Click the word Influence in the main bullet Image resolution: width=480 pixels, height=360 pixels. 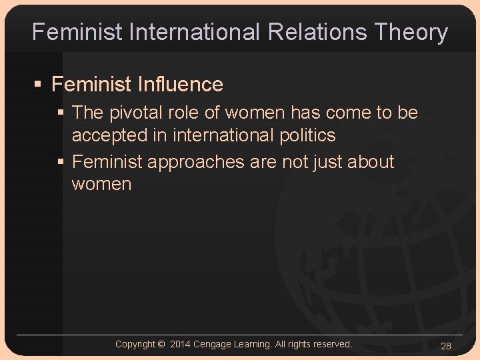pos(180,85)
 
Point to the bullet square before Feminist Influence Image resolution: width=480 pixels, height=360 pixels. pos(39,85)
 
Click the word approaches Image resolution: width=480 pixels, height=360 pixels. pos(198,162)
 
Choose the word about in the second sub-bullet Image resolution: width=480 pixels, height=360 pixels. pos(369,162)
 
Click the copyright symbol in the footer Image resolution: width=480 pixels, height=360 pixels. pos(161,344)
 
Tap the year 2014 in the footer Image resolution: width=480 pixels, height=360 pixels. pos(180,344)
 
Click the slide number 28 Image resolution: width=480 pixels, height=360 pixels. pos(446,345)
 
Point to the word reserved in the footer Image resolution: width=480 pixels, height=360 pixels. pos(331,344)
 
